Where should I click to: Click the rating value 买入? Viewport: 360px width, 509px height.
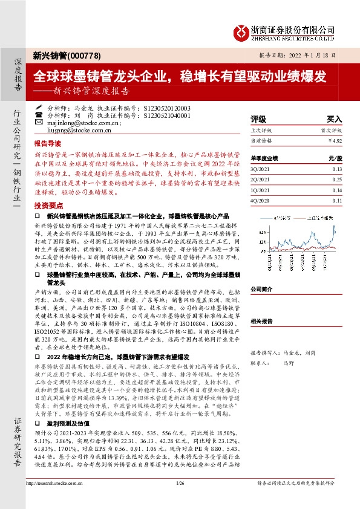[x=334, y=119]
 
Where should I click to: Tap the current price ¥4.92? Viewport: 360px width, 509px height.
[x=335, y=140]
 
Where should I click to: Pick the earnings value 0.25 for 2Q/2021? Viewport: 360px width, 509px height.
[x=336, y=180]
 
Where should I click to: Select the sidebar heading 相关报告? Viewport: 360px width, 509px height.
[x=262, y=321]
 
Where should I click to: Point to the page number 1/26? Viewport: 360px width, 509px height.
[x=179, y=499]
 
